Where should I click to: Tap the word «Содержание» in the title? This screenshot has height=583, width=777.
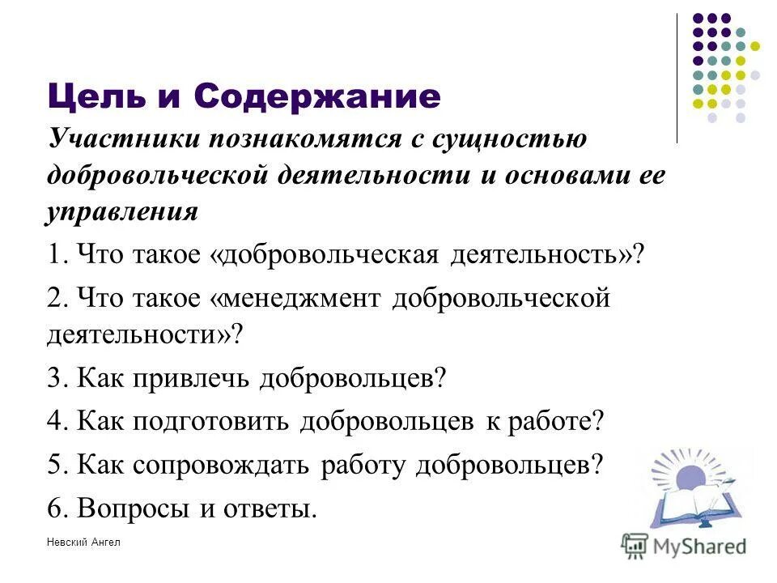click(317, 97)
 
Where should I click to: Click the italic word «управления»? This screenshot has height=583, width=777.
click(122, 212)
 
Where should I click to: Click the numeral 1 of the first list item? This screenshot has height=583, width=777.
click(54, 255)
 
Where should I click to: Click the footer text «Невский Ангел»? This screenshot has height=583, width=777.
click(83, 542)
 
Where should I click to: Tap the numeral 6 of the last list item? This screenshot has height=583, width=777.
click(54, 508)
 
